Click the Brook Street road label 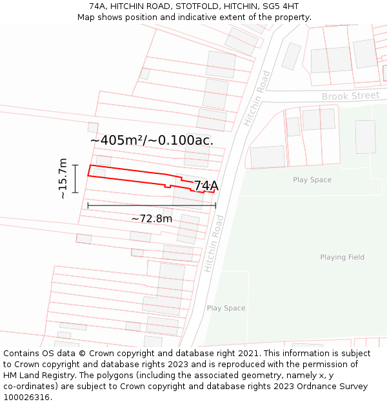pyautogui.click(x=350, y=96)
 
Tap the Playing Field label pyautogui.click(x=342, y=257)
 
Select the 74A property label pyautogui.click(x=206, y=186)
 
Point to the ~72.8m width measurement pyautogui.click(x=152, y=218)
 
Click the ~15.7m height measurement pyautogui.click(x=63, y=178)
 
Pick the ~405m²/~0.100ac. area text pyautogui.click(x=152, y=140)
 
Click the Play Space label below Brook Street pyautogui.click(x=312, y=180)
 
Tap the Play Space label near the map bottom pyautogui.click(x=226, y=308)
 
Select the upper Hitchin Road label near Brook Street pyautogui.click(x=257, y=98)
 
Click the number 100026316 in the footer pyautogui.click(x=26, y=398)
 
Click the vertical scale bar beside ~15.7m pyautogui.click(x=75, y=178)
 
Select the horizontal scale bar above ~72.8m pyautogui.click(x=152, y=206)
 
